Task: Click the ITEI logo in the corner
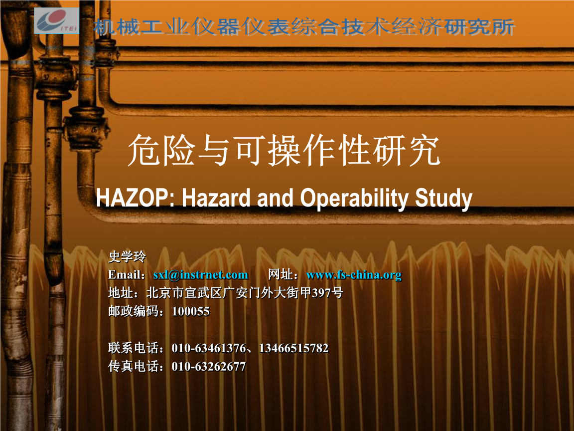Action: [x=57, y=20]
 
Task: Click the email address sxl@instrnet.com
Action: [x=201, y=274]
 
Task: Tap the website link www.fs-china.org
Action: [x=354, y=275]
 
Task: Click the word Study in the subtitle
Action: [x=443, y=199]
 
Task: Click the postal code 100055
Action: [x=191, y=311]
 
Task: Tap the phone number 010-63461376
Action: [x=209, y=348]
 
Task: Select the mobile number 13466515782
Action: [x=293, y=348]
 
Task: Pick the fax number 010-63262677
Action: [x=209, y=367]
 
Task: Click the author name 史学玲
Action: [x=127, y=256]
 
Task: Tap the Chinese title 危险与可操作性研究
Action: [x=284, y=150]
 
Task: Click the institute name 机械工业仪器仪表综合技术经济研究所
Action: [x=304, y=27]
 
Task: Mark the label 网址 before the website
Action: [x=281, y=274]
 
